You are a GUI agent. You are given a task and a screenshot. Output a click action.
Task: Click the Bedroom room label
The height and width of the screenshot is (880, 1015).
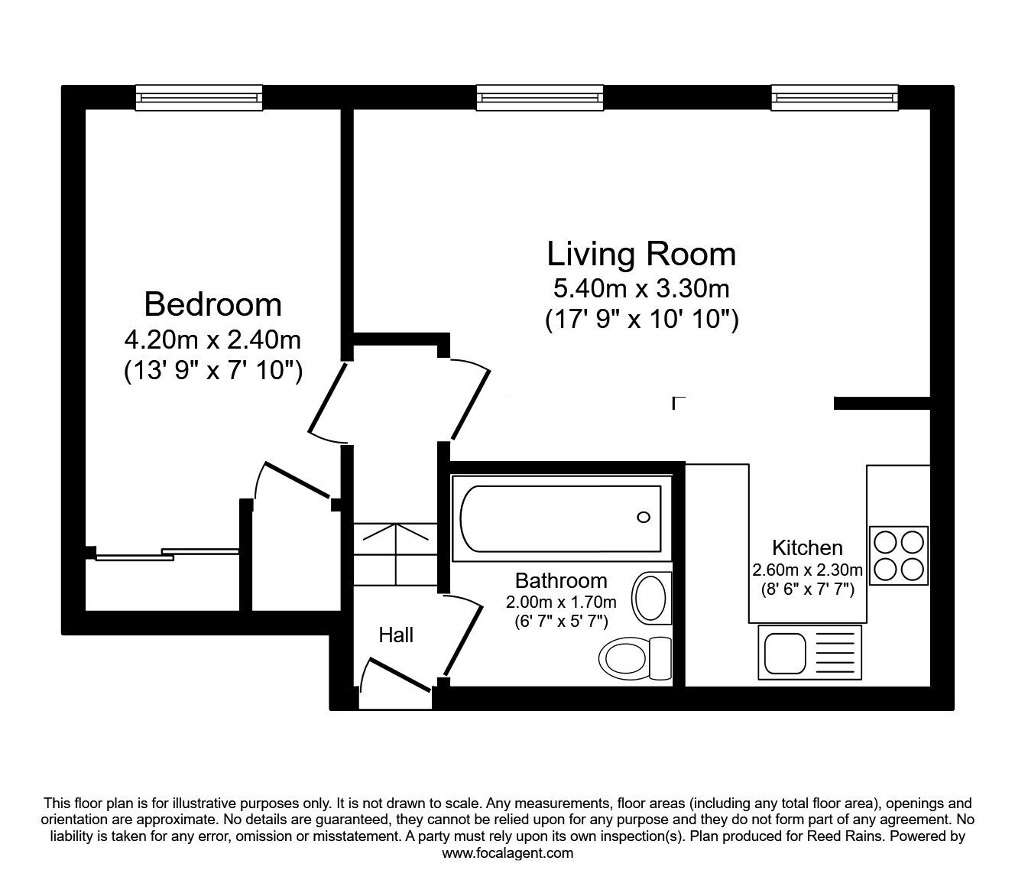click(x=212, y=304)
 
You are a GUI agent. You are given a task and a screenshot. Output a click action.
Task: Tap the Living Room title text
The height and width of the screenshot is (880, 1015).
click(x=641, y=254)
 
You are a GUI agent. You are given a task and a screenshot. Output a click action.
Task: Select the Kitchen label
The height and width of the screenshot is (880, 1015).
click(x=807, y=547)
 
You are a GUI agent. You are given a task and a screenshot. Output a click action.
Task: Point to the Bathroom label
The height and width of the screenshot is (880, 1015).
click(x=561, y=580)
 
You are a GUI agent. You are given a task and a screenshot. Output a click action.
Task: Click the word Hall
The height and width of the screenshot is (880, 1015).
click(x=396, y=635)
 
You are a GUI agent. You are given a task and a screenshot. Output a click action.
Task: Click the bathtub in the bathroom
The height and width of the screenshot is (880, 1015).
click(x=560, y=518)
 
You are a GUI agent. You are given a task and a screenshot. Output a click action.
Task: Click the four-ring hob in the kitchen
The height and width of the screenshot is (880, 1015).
click(x=899, y=555)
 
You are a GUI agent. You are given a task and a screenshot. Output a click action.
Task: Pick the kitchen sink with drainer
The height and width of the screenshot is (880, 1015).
click(x=809, y=652)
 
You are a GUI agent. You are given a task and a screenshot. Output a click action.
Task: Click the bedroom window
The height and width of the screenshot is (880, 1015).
click(x=199, y=97)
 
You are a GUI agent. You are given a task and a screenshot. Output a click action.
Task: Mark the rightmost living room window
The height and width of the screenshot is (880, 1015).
click(x=835, y=97)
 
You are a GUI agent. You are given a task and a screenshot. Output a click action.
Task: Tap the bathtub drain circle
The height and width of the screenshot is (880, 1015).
click(x=644, y=518)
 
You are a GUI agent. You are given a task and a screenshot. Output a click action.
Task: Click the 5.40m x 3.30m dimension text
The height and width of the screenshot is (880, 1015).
click(x=641, y=288)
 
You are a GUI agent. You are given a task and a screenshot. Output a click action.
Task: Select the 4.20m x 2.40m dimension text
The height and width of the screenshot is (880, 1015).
click(x=212, y=338)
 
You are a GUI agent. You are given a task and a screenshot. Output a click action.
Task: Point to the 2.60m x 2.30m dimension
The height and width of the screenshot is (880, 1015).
click(x=807, y=570)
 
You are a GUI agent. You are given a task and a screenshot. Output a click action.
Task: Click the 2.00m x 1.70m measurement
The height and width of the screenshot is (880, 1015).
click(x=561, y=602)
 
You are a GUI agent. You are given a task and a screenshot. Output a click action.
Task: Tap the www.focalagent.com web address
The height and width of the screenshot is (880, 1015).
click(x=507, y=853)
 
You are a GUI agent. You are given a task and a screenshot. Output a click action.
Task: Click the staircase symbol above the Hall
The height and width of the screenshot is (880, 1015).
click(x=395, y=552)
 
